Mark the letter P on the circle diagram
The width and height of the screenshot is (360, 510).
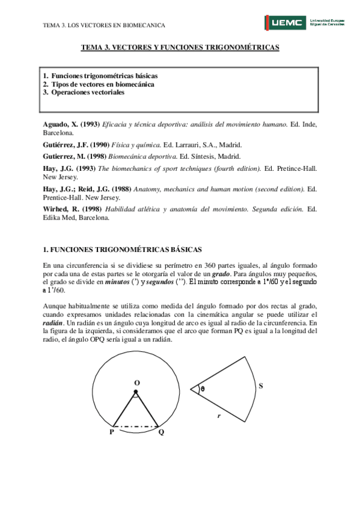click(x=112, y=432)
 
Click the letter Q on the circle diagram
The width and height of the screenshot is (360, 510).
click(x=160, y=432)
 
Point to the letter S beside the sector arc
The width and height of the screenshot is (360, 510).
click(x=260, y=386)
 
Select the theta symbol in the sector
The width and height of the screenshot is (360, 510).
click(x=203, y=389)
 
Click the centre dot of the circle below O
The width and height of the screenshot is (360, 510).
click(x=136, y=392)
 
